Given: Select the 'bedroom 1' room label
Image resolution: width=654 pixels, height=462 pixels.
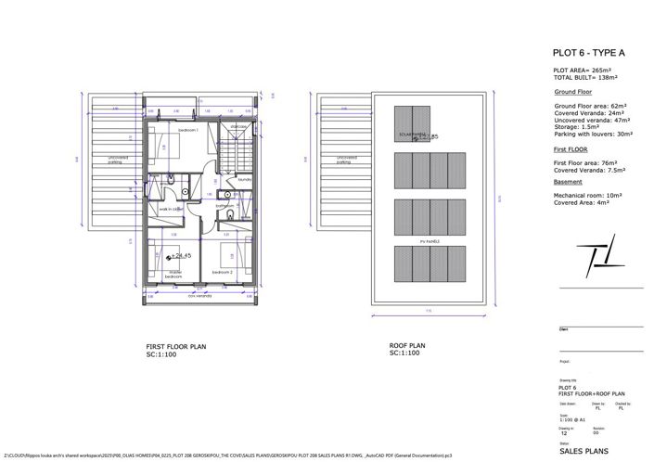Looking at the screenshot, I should (x=189, y=132).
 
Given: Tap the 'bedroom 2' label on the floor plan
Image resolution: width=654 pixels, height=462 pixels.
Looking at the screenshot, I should (x=222, y=272).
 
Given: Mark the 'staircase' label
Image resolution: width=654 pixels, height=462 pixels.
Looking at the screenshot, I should (x=238, y=127).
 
